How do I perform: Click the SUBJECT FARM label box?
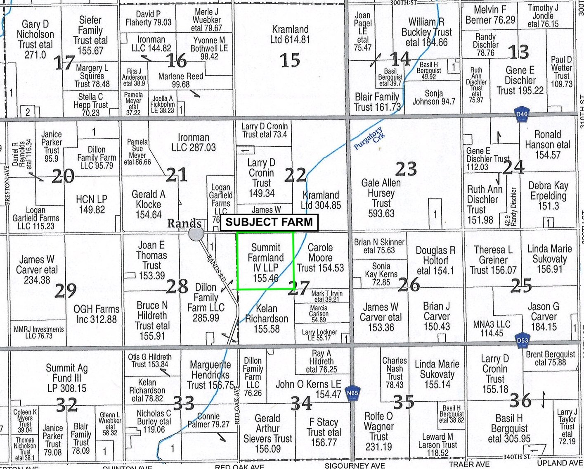click(x=269, y=222)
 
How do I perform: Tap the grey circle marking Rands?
click(x=196, y=234)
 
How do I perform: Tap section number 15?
click(x=290, y=60)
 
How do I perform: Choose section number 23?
click(x=406, y=169)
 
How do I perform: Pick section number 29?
click(x=65, y=290)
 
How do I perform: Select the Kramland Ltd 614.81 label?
click(x=290, y=34)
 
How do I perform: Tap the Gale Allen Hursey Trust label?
click(x=381, y=198)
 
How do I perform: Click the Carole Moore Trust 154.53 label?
click(x=320, y=257)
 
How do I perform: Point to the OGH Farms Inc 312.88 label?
click(x=96, y=314)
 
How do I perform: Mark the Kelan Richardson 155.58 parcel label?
click(x=267, y=319)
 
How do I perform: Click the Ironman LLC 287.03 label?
click(x=194, y=142)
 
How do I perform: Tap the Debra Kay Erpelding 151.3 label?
click(x=549, y=195)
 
